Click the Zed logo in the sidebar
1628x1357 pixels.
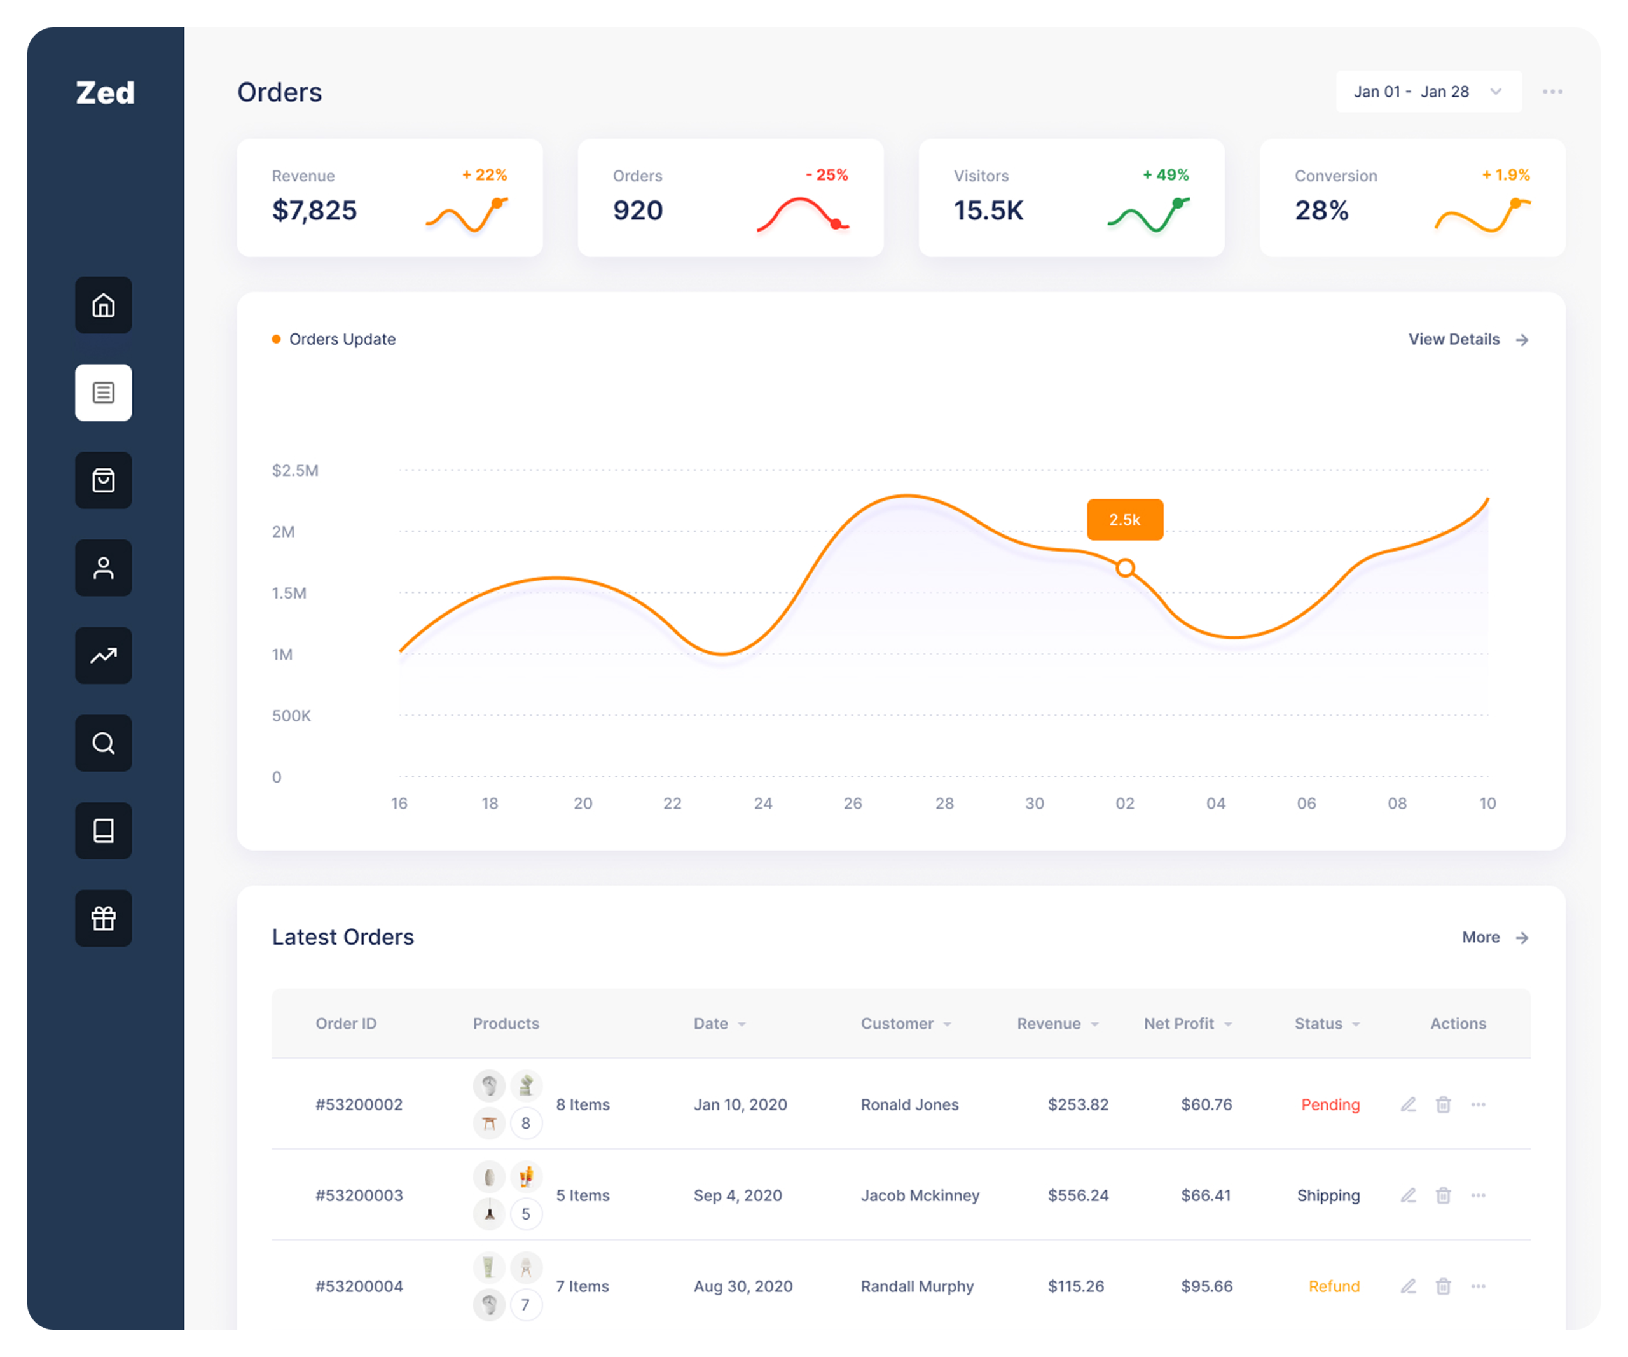(106, 93)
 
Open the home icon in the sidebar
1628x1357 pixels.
(103, 305)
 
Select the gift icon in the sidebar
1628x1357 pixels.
(103, 918)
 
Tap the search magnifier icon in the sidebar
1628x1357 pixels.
(103, 743)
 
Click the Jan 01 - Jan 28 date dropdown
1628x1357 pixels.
(1428, 92)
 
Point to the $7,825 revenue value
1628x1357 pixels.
(315, 210)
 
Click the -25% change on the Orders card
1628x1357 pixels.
(827, 175)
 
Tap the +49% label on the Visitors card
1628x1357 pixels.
(1166, 175)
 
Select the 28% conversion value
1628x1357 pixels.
(1321, 210)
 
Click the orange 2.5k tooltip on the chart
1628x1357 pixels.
(1125, 520)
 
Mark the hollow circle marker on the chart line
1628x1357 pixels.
(1126, 568)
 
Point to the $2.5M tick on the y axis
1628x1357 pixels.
(295, 471)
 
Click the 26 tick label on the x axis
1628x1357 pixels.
(853, 804)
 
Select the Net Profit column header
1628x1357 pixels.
(1179, 1024)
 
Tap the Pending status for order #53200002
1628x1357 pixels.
(1330, 1104)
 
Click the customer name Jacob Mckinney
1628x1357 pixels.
(920, 1195)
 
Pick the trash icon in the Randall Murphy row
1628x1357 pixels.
(1443, 1286)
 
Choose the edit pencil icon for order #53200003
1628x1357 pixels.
(1409, 1195)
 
